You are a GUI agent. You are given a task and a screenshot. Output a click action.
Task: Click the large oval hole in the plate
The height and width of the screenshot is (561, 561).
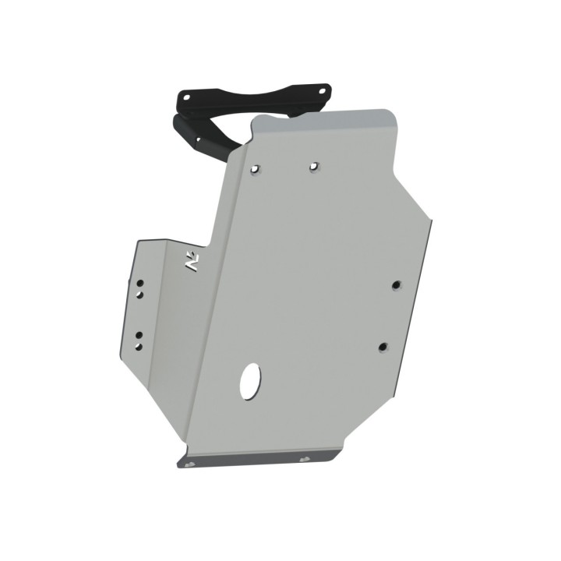point(252,380)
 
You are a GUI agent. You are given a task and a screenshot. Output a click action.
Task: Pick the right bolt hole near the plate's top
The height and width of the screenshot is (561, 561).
point(313,166)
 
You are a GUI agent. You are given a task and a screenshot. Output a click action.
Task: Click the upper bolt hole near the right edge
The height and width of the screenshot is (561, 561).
point(396,284)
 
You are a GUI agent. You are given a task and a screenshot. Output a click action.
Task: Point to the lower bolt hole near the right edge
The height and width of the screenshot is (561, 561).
point(382,347)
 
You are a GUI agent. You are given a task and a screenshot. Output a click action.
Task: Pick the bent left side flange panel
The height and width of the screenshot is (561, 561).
point(152,312)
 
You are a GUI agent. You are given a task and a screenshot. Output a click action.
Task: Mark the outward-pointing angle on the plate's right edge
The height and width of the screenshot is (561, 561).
point(430,221)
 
